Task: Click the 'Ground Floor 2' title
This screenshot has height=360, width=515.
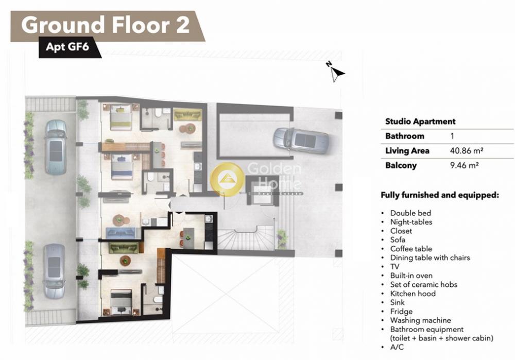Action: [x=106, y=25]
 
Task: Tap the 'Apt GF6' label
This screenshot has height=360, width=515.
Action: [x=67, y=47]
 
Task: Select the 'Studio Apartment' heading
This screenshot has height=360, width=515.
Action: [x=420, y=122]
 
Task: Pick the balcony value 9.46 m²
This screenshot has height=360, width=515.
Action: [x=464, y=165]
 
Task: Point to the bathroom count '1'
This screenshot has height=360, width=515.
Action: [x=452, y=136]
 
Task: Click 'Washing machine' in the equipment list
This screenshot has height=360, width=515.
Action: [x=420, y=320]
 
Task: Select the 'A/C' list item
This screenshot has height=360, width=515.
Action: [x=397, y=347]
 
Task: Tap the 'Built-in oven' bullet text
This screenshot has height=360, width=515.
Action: [x=411, y=276]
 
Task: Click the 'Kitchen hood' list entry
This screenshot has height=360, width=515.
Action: [x=413, y=294]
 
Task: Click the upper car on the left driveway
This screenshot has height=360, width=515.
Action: [x=56, y=147]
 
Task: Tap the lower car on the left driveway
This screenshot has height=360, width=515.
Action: [x=55, y=271]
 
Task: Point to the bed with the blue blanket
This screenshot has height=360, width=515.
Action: [x=122, y=167]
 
